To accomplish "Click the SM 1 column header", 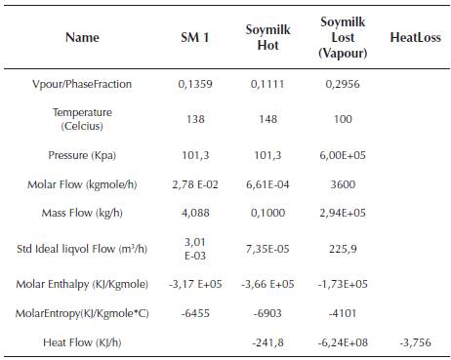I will click(x=195, y=37).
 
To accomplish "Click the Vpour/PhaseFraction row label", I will click(x=81, y=85).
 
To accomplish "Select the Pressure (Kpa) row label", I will click(x=81, y=155).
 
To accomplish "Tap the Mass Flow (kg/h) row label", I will click(x=81, y=212).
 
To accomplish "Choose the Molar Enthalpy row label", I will click(x=81, y=284).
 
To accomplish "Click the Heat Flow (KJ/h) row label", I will click(x=81, y=342).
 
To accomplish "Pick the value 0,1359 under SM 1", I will click(x=195, y=85).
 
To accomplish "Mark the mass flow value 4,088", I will click(x=195, y=212).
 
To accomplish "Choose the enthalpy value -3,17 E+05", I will click(x=195, y=284).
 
